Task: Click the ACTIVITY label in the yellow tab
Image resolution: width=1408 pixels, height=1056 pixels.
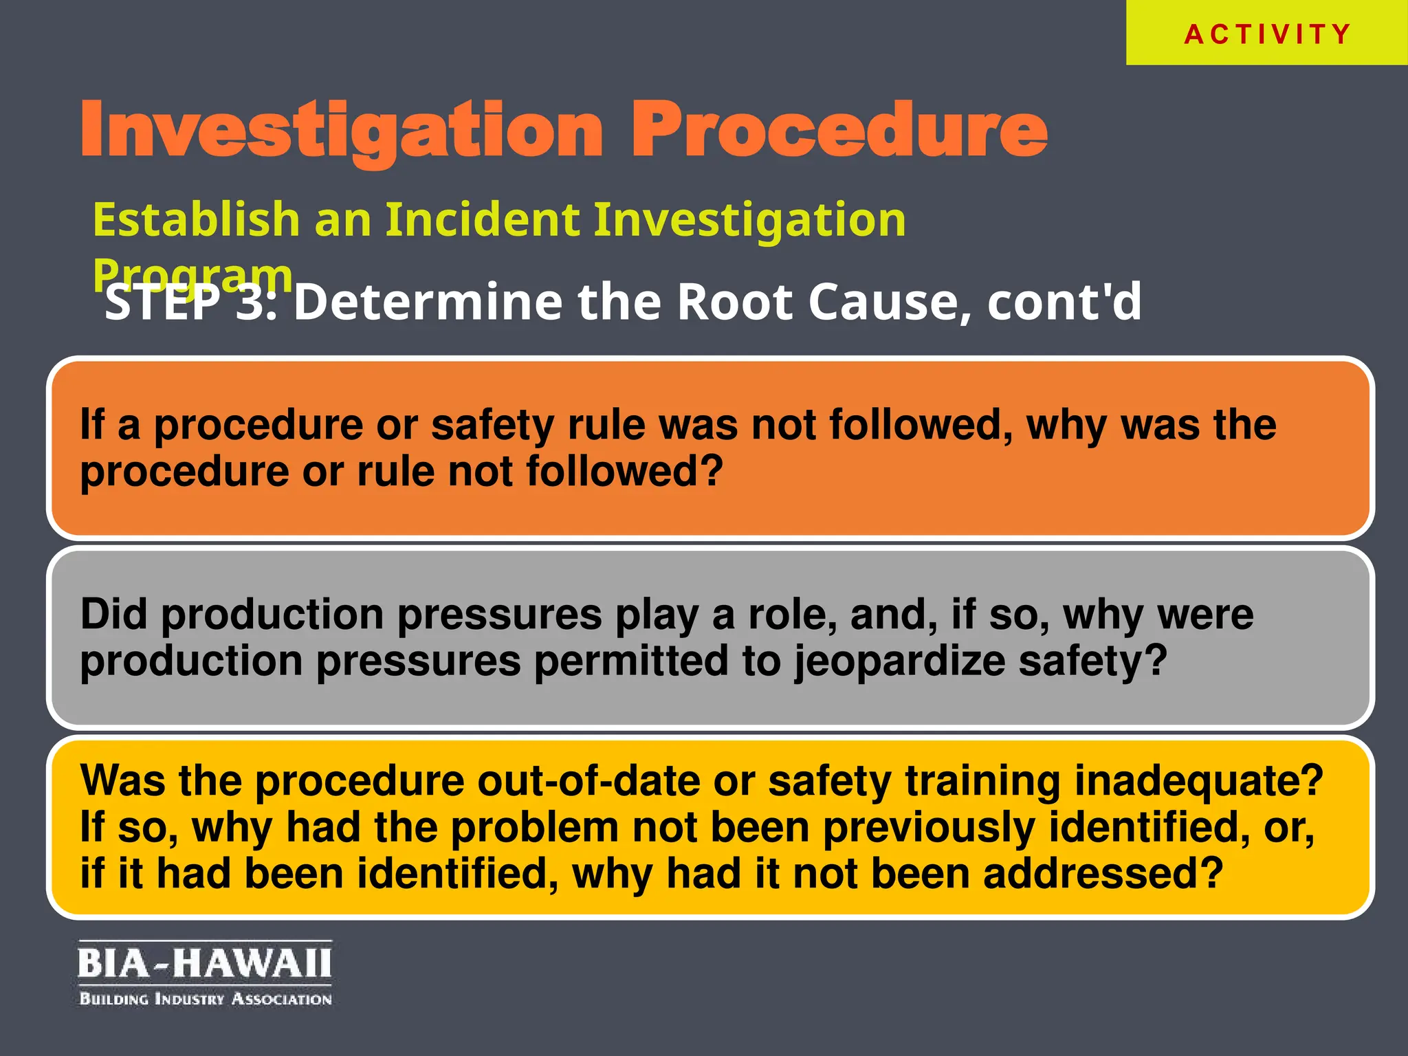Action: pyautogui.click(x=1267, y=34)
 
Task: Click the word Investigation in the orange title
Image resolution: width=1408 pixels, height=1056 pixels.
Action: pyautogui.click(x=342, y=131)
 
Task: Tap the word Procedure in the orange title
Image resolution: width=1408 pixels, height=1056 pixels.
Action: pyautogui.click(x=839, y=129)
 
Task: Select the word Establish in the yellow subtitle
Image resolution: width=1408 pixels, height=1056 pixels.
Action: pyautogui.click(x=196, y=220)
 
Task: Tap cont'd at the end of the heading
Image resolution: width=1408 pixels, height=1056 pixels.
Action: pyautogui.click(x=1064, y=302)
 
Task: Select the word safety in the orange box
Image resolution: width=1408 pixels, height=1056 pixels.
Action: pyautogui.click(x=492, y=425)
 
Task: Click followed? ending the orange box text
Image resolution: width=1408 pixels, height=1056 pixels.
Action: pyautogui.click(x=625, y=472)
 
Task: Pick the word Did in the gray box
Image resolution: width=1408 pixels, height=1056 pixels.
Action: pyautogui.click(x=113, y=614)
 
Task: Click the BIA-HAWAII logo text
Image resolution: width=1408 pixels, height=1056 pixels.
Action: pyautogui.click(x=204, y=962)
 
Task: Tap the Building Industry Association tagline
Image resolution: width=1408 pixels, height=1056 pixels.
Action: pyautogui.click(x=206, y=998)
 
